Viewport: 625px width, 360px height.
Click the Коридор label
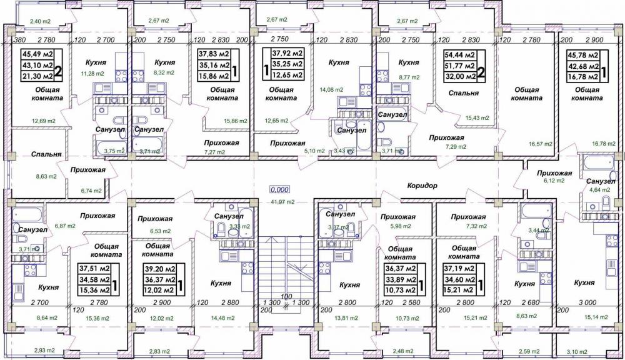422,186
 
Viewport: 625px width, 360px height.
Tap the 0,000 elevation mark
279,189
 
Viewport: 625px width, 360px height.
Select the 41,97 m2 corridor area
281,202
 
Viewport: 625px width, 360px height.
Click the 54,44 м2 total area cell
462,54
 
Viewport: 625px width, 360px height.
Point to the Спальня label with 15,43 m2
463,93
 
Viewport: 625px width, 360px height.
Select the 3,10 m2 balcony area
577,352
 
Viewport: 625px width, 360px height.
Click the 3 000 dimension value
587,303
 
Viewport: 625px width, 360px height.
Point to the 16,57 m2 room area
541,144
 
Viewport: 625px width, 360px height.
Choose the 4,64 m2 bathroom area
599,190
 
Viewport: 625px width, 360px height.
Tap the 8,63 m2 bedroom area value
46,176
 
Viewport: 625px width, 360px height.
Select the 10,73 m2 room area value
407,318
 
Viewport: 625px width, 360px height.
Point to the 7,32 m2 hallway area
476,226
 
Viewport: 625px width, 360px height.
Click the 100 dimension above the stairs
286,297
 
